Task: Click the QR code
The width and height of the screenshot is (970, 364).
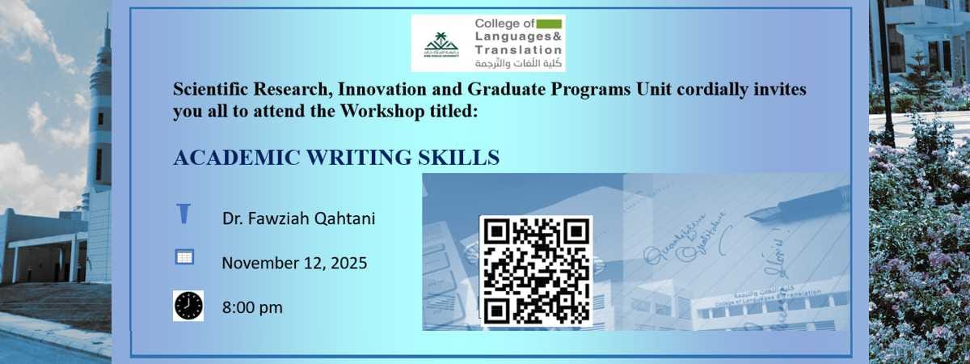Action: coord(536,271)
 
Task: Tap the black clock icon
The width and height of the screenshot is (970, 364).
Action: coord(188,307)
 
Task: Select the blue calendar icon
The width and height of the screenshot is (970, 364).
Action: coord(184,257)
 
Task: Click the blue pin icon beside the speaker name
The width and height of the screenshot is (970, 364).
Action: coord(184,214)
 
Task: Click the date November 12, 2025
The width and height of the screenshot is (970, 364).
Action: coord(294,263)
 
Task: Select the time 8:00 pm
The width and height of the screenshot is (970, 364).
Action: coord(252,307)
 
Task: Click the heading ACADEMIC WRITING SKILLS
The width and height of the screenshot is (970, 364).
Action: coord(336,158)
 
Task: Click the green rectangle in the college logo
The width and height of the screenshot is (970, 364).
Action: coord(549,24)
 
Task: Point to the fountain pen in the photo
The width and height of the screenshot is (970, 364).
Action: coord(796,205)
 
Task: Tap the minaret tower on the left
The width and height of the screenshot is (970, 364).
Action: coord(100,121)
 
